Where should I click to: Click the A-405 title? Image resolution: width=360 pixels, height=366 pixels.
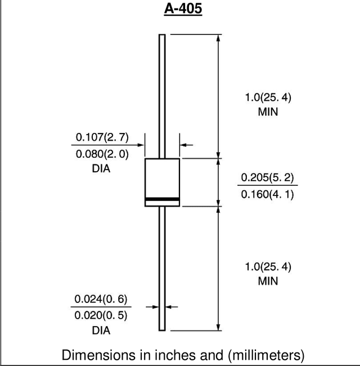tap(183, 9)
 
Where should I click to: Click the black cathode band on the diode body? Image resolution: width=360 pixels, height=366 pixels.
tap(162, 199)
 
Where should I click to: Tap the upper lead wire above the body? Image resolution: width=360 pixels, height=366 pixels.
tap(162, 96)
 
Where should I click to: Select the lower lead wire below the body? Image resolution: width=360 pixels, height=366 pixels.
tap(162, 269)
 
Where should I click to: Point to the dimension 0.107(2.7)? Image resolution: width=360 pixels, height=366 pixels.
tap(102, 137)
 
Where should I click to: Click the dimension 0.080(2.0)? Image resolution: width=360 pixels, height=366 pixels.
tap(102, 154)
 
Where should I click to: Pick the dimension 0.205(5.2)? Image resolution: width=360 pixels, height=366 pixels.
tap(267, 177)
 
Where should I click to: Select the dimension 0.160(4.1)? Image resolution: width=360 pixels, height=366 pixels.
tap(267, 194)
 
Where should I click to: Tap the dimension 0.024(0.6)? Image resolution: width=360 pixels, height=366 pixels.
tap(101, 299)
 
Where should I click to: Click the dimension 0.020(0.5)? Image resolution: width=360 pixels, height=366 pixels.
tap(101, 315)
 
